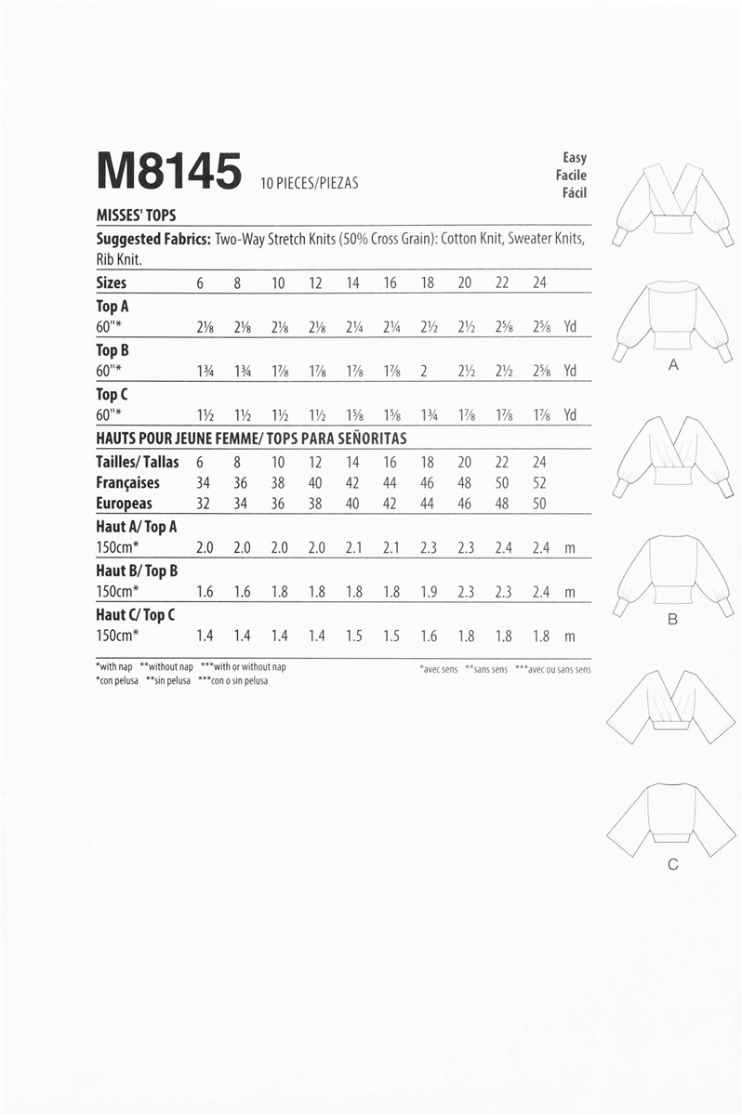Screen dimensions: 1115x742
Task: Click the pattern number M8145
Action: [168, 172]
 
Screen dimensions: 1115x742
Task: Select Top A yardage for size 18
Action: [427, 328]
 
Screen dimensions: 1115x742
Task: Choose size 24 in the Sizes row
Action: [539, 282]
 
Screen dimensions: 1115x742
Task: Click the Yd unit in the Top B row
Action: [570, 371]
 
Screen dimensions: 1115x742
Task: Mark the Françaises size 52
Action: [539, 483]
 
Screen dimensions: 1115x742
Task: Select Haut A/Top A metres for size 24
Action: [541, 548]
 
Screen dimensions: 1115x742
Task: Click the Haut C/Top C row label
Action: [135, 615]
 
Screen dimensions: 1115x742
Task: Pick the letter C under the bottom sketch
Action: [672, 865]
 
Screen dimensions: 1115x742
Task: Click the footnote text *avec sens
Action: [438, 669]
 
